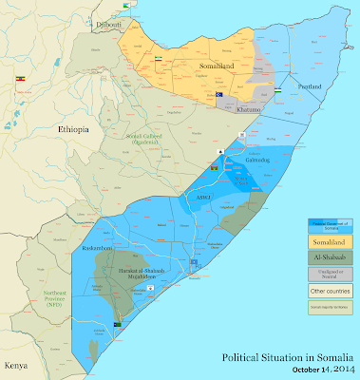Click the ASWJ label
point(202,197)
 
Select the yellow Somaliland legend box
point(325,242)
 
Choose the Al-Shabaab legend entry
point(325,257)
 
